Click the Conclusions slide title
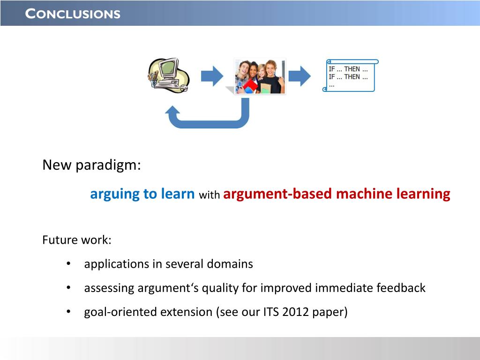73,14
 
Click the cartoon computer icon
169,75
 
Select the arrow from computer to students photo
212,76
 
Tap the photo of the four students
260,76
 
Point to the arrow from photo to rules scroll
300,76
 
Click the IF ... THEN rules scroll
351,75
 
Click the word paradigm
108,165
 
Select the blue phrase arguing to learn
142,194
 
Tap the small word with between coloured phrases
210,195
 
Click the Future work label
77,240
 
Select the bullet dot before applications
68,263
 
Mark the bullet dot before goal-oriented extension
68,312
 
